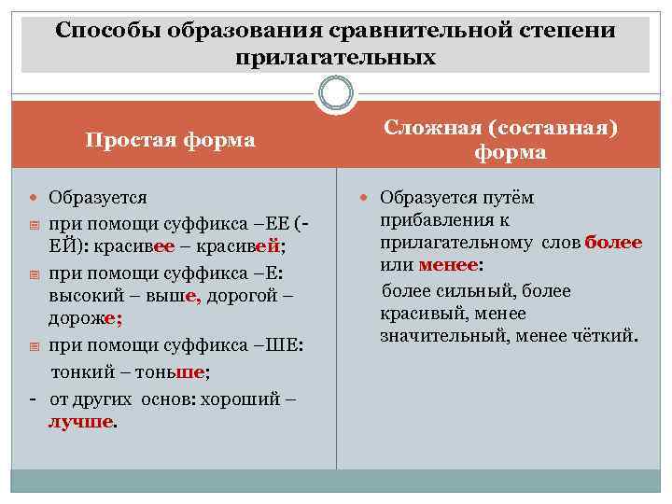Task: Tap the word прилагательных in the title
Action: pos(336,57)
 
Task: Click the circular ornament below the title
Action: pos(335,94)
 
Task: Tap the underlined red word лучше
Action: pos(82,421)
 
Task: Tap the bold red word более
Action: pos(613,243)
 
